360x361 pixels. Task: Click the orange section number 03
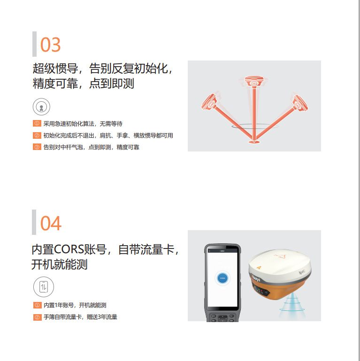(x=51, y=45)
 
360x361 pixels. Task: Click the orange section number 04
(x=51, y=223)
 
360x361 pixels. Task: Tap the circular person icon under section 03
(x=41, y=107)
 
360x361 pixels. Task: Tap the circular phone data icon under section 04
(x=44, y=287)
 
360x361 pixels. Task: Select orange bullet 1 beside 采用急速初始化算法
(x=37, y=123)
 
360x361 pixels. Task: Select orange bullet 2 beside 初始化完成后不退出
(x=37, y=135)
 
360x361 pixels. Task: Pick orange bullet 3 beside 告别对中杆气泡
(x=37, y=147)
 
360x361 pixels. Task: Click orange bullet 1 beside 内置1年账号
(x=37, y=305)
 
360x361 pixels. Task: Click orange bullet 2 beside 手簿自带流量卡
(x=37, y=317)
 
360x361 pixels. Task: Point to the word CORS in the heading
(x=69, y=249)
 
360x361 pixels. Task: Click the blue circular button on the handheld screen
(x=222, y=278)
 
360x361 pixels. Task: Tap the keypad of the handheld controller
(x=222, y=317)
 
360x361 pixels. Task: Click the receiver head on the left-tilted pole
(x=210, y=102)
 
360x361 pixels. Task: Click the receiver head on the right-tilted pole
(x=299, y=103)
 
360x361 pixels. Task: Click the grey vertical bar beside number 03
(x=34, y=44)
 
